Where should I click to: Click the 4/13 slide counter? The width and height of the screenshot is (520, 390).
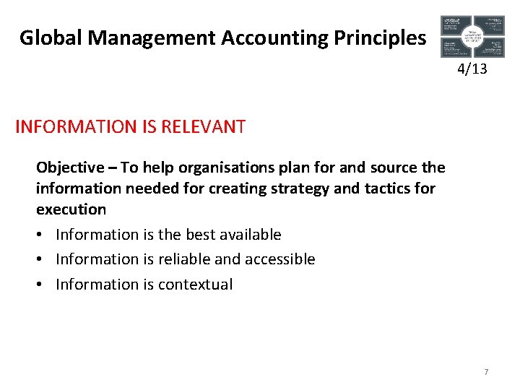(472, 69)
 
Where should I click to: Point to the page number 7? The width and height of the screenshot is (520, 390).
(486, 372)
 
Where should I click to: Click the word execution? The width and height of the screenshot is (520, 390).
(71, 209)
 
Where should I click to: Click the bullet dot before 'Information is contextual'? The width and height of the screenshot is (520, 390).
(41, 284)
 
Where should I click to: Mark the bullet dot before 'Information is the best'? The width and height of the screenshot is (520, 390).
(41, 235)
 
